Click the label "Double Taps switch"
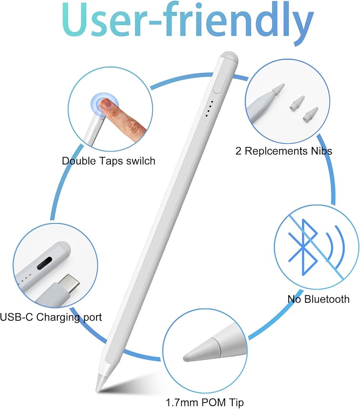pyautogui.click(x=108, y=161)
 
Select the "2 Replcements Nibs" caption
pyautogui.click(x=283, y=151)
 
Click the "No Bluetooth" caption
pyautogui.click(x=318, y=299)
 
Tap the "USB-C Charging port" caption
pyautogui.click(x=51, y=317)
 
